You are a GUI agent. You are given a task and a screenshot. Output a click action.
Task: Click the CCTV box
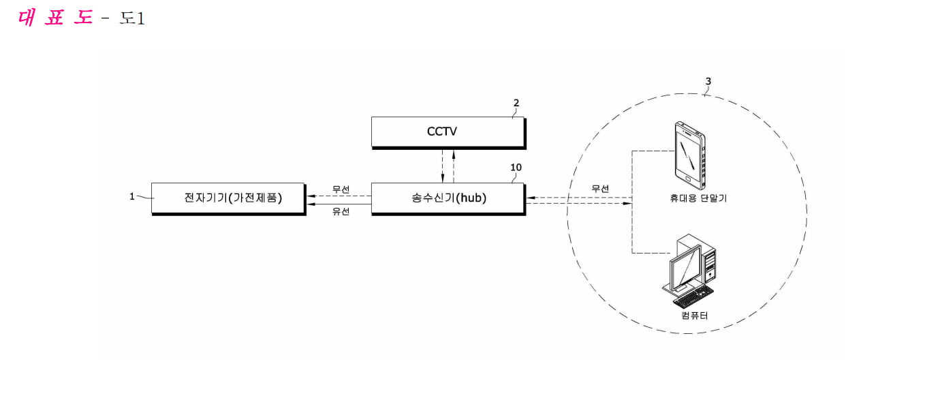pos(448,133)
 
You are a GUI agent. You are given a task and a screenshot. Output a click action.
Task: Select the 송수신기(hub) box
pos(448,199)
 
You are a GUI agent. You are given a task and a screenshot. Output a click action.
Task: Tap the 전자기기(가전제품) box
pos(229,199)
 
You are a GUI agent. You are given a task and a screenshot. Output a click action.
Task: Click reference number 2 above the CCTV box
pos(516,103)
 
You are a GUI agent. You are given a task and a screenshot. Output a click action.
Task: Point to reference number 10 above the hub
pos(516,167)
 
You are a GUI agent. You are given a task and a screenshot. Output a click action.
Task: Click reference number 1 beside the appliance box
pos(131,196)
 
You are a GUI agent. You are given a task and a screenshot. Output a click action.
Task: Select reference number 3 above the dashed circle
pos(708,81)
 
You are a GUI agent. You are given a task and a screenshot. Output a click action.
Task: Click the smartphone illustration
pos(690,156)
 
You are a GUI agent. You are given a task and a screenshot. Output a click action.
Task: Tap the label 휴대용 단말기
pos(698,198)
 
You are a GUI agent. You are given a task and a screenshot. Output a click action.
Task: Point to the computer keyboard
pos(693,297)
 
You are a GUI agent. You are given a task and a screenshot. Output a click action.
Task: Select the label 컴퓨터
pos(695,316)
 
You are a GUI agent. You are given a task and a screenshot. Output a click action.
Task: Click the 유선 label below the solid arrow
pos(341,211)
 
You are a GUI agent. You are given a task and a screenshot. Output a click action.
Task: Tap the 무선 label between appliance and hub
pos(341,189)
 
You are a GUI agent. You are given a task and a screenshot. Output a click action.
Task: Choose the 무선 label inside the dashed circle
pos(600,189)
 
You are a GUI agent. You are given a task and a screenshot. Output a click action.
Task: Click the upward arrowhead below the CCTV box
pos(454,153)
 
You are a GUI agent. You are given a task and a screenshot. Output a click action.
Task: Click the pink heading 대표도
pos(55,18)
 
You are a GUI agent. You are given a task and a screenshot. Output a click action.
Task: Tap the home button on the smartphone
pos(687,179)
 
